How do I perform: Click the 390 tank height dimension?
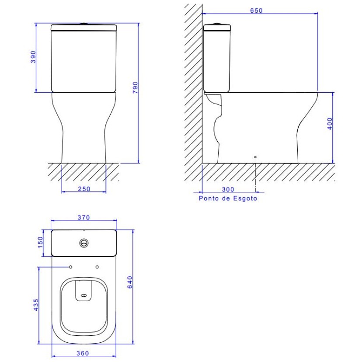(33, 57)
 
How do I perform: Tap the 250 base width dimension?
(84, 189)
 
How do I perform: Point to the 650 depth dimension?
(257, 10)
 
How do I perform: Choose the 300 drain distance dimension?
(228, 189)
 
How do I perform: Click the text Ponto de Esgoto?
(228, 198)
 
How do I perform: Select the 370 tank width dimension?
(84, 217)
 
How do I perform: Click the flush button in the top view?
(83, 243)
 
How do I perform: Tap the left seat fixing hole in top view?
(70, 267)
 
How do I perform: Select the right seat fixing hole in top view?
(97, 267)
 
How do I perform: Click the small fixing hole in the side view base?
(255, 156)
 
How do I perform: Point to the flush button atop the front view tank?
(84, 23)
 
